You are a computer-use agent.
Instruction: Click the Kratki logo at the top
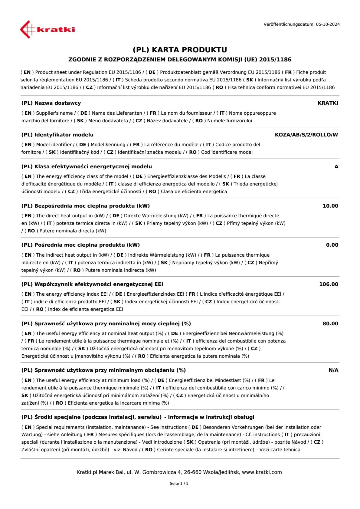click(47, 29)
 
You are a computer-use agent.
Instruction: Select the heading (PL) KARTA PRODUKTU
click(180, 50)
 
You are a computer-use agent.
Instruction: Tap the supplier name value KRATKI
click(328, 103)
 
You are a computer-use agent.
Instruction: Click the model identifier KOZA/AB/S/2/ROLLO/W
click(306, 135)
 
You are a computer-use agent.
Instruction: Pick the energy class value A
click(336, 166)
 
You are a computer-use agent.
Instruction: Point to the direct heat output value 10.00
click(330, 206)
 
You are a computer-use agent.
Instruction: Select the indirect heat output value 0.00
click(332, 245)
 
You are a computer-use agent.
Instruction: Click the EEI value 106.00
click(329, 284)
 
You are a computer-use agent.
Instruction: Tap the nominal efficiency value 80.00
click(330, 323)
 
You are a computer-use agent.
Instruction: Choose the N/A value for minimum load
click(333, 370)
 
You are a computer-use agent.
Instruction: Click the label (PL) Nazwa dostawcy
click(51, 103)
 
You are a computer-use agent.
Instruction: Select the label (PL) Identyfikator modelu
click(57, 135)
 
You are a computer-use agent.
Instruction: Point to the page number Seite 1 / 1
click(179, 484)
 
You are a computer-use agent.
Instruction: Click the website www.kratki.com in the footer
click(262, 472)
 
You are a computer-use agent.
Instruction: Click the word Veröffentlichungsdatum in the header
click(289, 24)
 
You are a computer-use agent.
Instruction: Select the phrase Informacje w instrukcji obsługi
click(211, 417)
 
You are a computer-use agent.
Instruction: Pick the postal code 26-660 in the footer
click(192, 472)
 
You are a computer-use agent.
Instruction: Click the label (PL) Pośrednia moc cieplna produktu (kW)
click(80, 245)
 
